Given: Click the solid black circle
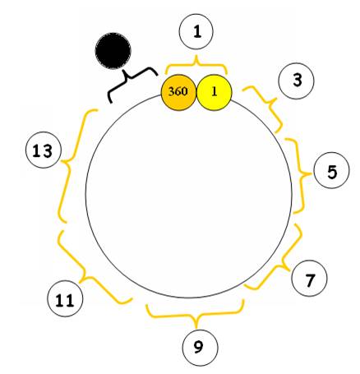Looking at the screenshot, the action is click(x=113, y=51).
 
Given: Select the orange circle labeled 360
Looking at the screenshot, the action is click(x=178, y=93).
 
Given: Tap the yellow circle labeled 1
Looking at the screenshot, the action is click(x=215, y=93).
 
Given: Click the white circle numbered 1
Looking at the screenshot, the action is click(x=196, y=31).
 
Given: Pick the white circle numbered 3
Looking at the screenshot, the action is click(x=296, y=81).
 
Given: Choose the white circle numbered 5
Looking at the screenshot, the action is click(x=331, y=171).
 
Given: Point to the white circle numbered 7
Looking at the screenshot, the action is click(x=310, y=279).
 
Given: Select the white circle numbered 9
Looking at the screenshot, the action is click(x=201, y=348).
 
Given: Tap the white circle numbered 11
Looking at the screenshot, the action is click(x=65, y=298).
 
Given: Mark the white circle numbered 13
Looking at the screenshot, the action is click(x=44, y=150).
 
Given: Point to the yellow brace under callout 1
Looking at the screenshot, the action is click(x=196, y=65).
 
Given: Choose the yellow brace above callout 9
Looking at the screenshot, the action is click(x=196, y=316).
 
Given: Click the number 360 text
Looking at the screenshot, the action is click(x=178, y=91).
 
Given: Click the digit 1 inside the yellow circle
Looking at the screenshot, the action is click(x=215, y=92).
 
